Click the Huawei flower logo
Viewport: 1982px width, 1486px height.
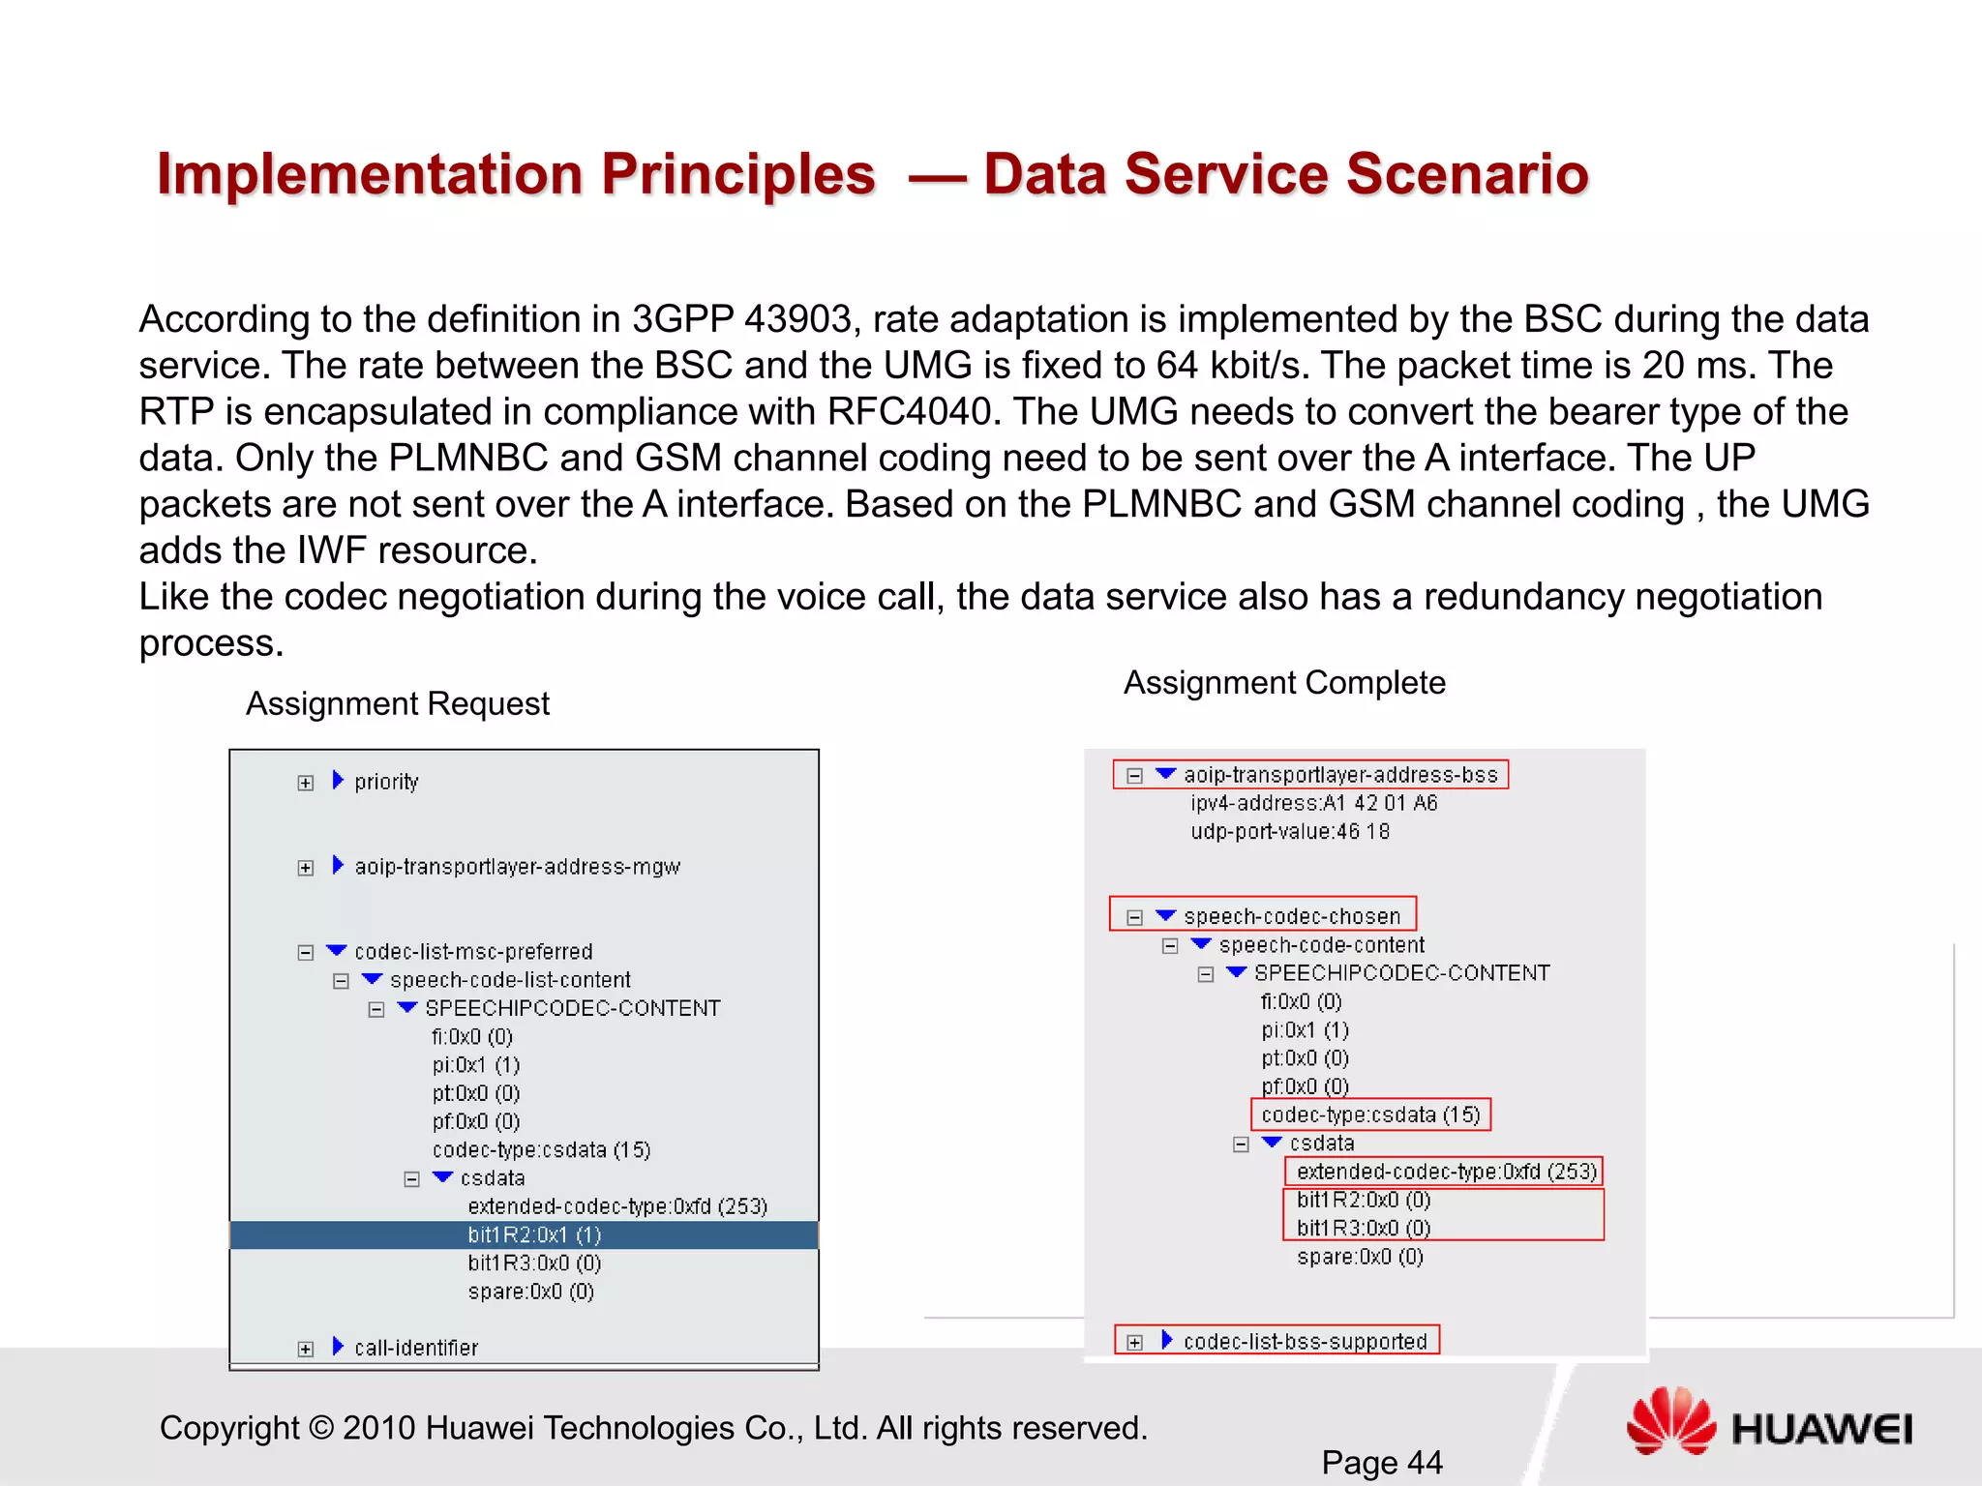pos(1671,1421)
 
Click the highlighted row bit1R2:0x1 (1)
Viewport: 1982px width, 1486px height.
pos(534,1235)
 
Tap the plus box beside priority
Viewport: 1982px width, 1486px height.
pos(306,783)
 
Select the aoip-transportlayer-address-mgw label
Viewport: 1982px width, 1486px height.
pos(517,867)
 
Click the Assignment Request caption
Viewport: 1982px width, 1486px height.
pos(397,703)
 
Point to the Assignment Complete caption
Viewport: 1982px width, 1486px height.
pos(1283,683)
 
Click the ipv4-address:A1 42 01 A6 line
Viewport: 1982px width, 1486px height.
pos(1313,803)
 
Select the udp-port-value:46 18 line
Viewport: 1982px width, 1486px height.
pos(1289,832)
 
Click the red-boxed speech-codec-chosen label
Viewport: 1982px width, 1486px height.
pos(1291,916)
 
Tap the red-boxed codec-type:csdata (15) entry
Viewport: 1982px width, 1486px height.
pos(1370,1115)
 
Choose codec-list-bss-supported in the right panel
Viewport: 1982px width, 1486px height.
pos(1305,1342)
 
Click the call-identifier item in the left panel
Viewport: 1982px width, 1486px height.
pos(416,1348)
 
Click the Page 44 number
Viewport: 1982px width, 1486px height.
pos(1381,1462)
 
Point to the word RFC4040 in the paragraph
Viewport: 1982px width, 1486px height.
pos(910,412)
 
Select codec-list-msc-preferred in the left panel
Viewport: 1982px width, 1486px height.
pos(473,952)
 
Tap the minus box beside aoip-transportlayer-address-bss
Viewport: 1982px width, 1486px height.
pos(1135,776)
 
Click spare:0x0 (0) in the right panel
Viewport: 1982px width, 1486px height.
pos(1359,1257)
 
